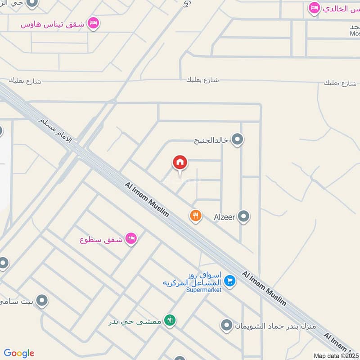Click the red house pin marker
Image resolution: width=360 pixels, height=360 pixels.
point(180,162)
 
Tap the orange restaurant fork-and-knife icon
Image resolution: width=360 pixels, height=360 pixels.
point(195,216)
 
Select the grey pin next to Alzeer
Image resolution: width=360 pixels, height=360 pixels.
point(243,217)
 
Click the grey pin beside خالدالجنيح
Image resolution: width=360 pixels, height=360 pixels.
point(237,139)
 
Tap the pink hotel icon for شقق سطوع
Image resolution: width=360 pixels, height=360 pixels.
point(131,238)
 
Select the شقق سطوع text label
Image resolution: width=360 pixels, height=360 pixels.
point(102,239)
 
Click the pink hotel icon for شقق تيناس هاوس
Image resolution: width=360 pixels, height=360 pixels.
point(93,23)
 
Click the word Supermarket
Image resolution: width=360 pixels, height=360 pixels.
point(204,290)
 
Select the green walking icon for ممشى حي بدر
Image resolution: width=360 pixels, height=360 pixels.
point(170,320)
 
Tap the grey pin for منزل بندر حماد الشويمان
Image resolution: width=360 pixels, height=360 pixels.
point(227,324)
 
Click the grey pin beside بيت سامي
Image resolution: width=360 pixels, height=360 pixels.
point(42,300)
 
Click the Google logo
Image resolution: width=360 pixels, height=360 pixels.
point(19,353)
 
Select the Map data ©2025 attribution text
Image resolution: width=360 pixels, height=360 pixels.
point(336,355)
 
